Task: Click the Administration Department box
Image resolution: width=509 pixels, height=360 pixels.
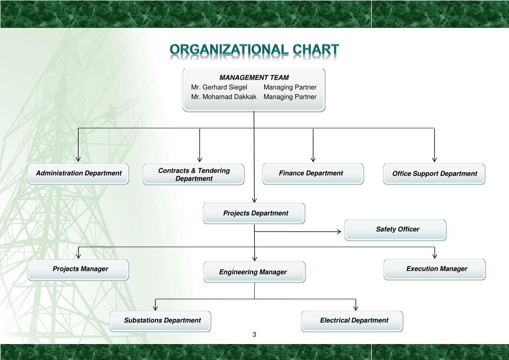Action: [78, 174]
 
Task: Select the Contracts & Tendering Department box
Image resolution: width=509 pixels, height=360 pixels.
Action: [194, 174]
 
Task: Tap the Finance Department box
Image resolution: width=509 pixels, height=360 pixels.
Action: [313, 174]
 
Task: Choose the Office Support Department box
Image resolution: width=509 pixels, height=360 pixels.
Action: [434, 174]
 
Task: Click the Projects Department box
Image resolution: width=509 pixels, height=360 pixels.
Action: [254, 213]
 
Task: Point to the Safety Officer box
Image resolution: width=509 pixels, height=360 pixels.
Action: [396, 230]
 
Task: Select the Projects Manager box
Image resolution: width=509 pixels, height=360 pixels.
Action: [78, 270]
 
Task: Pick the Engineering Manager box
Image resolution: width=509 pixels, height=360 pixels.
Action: [255, 272]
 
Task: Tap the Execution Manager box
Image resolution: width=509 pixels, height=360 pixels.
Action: [435, 269]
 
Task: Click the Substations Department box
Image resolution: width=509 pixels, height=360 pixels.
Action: [160, 321]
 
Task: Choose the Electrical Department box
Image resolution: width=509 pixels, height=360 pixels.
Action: [352, 321]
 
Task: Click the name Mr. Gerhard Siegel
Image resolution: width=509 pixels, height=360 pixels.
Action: [219, 87]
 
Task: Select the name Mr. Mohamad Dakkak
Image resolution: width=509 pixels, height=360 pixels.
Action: [224, 97]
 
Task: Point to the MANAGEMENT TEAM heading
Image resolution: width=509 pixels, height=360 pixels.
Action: [254, 78]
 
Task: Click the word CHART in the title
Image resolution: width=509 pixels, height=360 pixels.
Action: [316, 50]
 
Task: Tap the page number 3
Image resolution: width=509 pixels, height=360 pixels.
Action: [254, 334]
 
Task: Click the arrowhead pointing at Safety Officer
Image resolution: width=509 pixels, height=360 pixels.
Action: [339, 232]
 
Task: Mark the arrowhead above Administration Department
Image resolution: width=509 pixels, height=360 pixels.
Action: [78, 159]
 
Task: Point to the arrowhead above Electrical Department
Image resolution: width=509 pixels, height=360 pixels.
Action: [356, 308]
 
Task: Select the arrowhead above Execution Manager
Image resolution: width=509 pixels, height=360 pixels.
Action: [435, 256]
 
